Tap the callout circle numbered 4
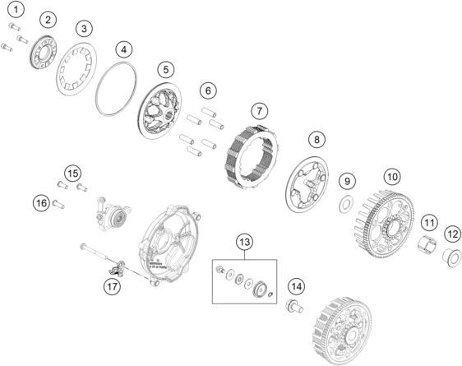pyautogui.click(x=123, y=49)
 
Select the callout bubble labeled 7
pyautogui.click(x=259, y=109)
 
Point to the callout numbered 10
pyautogui.click(x=392, y=176)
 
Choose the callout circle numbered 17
pyautogui.click(x=112, y=286)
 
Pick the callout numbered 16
pyautogui.click(x=40, y=202)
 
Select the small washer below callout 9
pyautogui.click(x=346, y=202)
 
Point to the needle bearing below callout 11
pyautogui.click(x=427, y=244)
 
